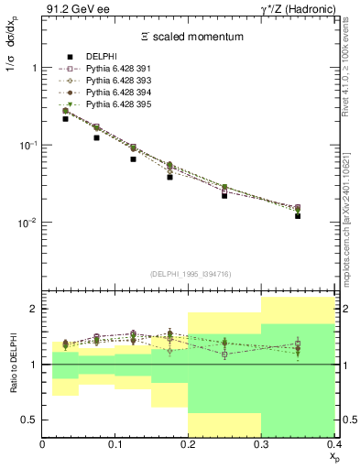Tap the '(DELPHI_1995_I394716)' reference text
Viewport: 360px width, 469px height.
[189, 273]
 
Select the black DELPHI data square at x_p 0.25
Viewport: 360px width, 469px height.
[224, 195]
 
